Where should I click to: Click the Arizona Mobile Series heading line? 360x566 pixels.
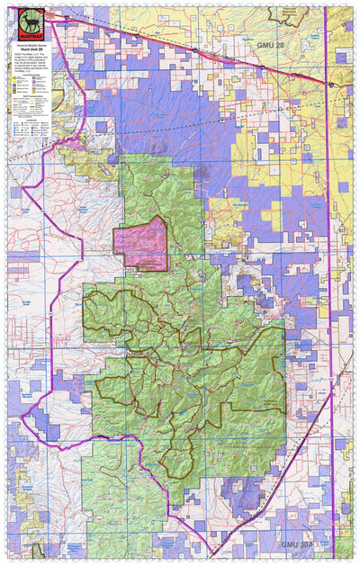coord(29,46)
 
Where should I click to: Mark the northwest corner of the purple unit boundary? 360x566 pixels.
coord(51,20)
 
